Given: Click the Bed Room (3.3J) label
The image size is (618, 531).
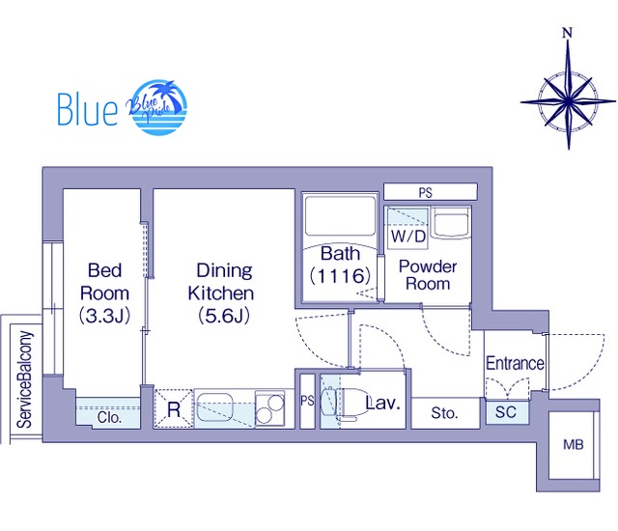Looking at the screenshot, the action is [x=104, y=293].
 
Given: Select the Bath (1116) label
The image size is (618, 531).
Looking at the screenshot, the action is [x=340, y=265].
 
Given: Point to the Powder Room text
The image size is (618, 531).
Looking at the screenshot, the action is [x=428, y=275].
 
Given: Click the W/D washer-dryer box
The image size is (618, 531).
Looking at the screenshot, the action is [x=407, y=229].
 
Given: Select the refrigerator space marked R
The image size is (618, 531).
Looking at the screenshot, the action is [x=174, y=408].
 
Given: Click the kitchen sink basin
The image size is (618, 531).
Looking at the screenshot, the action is [x=214, y=407].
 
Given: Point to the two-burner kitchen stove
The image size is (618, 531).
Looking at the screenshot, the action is [x=269, y=408].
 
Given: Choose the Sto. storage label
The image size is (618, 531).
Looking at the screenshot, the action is [x=444, y=413].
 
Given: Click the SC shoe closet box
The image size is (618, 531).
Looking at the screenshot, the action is [x=506, y=412].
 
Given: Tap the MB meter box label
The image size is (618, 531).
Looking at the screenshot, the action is [x=573, y=445].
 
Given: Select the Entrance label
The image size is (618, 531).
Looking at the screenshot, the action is [x=515, y=363].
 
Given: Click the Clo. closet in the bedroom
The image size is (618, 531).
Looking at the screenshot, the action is [x=108, y=412].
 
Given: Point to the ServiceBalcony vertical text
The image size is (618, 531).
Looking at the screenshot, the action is [x=24, y=379].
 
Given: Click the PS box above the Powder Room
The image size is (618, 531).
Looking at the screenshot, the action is [x=431, y=192].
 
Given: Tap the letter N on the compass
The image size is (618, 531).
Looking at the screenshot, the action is [x=567, y=33].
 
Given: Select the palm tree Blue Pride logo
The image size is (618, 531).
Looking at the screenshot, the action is [x=157, y=107].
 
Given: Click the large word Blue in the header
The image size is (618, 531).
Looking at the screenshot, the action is [x=88, y=109].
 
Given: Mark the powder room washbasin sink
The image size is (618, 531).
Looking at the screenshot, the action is [x=451, y=223].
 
